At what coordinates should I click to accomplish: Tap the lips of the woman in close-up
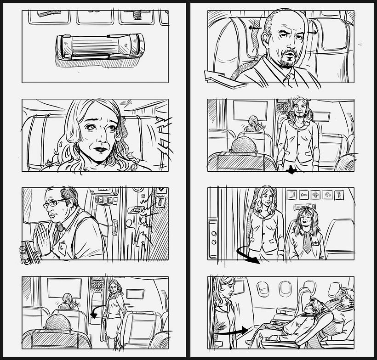99,149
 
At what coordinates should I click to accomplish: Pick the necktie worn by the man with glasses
56,235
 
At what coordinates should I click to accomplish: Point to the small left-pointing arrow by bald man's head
255,28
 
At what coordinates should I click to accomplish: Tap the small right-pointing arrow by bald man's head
312,33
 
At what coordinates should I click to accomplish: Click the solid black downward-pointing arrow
291,170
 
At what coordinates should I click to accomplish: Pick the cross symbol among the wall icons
315,195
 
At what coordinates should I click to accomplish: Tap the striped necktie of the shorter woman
307,243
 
